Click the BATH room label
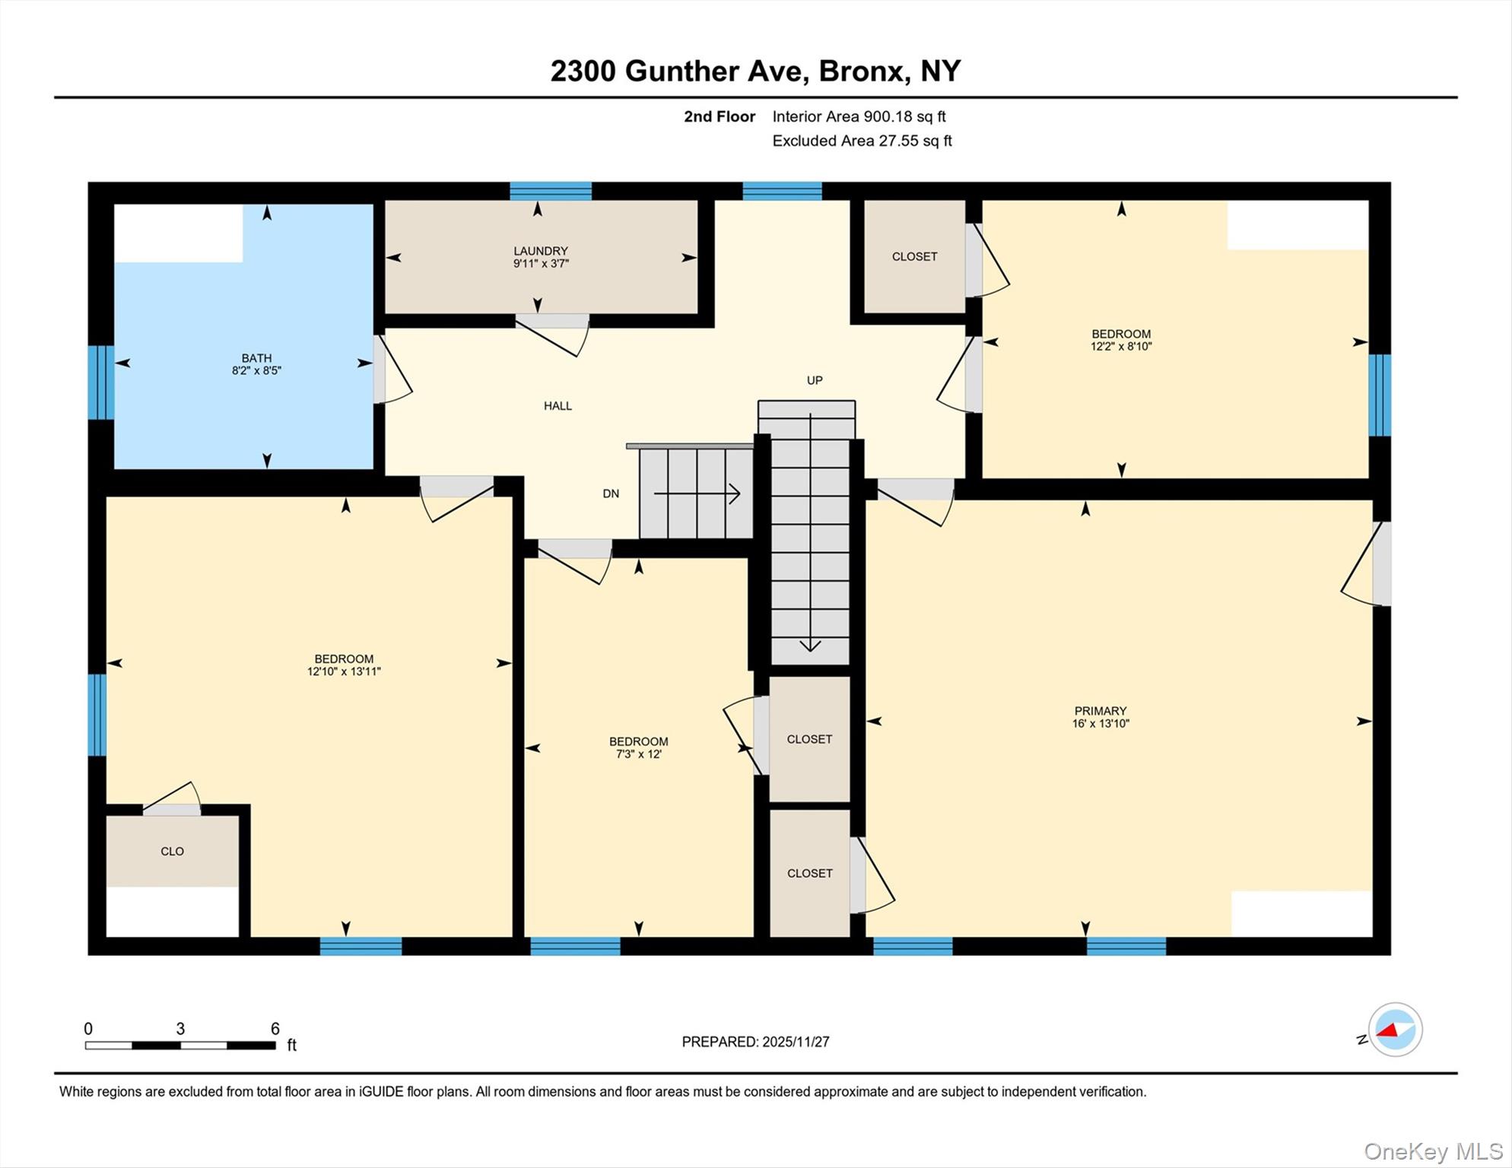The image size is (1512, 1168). click(256, 357)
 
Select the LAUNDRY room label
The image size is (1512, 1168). click(540, 251)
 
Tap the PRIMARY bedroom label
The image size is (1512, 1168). click(1100, 711)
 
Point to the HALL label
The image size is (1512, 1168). click(557, 406)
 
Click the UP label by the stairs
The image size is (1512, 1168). click(815, 380)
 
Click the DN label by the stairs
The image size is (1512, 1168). click(611, 494)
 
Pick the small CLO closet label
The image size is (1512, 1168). click(172, 851)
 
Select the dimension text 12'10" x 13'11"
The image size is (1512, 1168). click(344, 671)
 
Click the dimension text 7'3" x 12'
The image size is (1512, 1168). click(638, 754)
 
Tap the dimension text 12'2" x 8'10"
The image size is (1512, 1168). click(1121, 346)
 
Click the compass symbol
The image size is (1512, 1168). click(1395, 1030)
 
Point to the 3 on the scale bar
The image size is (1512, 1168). click(180, 1029)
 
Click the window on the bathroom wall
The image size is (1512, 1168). click(101, 382)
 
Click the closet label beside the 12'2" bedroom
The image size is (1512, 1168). click(914, 257)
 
